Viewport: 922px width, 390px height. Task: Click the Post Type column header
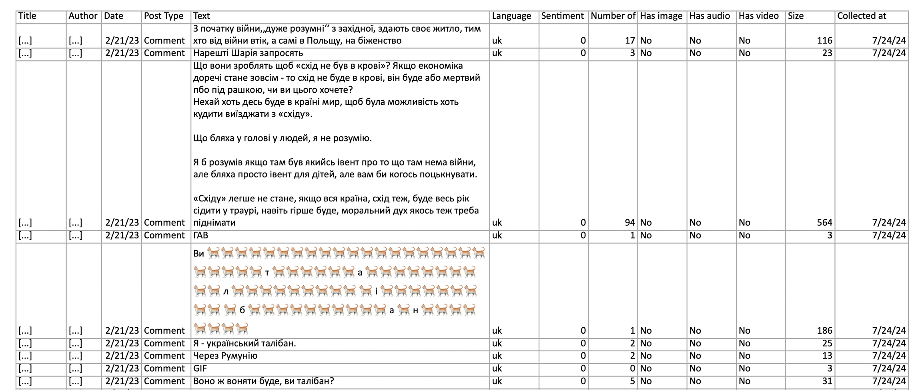pyautogui.click(x=164, y=16)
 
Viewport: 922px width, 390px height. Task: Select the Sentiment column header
pyautogui.click(x=562, y=16)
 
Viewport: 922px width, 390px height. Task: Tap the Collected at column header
pyautogui.click(x=862, y=16)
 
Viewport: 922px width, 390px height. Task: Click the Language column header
pyautogui.click(x=511, y=16)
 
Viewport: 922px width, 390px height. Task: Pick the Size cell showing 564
pyautogui.click(x=824, y=223)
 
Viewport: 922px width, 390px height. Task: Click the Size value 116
pyautogui.click(x=824, y=40)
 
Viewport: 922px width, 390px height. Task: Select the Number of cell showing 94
pyautogui.click(x=630, y=223)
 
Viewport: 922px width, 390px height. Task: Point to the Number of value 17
pyautogui.click(x=630, y=40)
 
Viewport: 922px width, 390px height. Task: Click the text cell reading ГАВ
pyautogui.click(x=201, y=235)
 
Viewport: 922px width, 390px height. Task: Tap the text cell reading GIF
pyautogui.click(x=200, y=368)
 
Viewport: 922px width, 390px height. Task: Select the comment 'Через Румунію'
pyautogui.click(x=225, y=356)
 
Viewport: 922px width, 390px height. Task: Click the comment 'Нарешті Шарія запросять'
pyautogui.click(x=248, y=53)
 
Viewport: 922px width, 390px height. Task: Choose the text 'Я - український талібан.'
pyautogui.click(x=245, y=343)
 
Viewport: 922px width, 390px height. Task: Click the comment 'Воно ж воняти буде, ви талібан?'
pyautogui.click(x=263, y=381)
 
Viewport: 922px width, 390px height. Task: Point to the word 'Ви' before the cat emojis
pyautogui.click(x=198, y=253)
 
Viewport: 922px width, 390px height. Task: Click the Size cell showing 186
pyautogui.click(x=824, y=330)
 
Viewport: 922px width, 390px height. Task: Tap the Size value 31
pyautogui.click(x=827, y=381)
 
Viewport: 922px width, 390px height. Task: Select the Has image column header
pyautogui.click(x=661, y=16)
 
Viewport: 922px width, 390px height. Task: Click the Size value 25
pyautogui.click(x=827, y=343)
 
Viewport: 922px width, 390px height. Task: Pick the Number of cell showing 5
pyautogui.click(x=632, y=381)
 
